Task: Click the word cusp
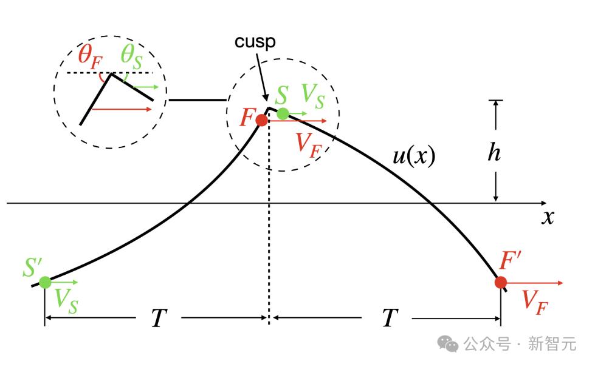tap(255, 42)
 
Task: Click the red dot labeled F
tap(261, 120)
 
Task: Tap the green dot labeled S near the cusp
tap(283, 113)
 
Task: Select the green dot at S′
tap(45, 282)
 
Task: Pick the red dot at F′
tap(501, 283)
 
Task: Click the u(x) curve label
tap(414, 155)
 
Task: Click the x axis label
tap(548, 217)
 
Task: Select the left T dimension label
tap(159, 317)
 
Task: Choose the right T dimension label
tap(390, 317)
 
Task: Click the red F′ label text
tap(510, 260)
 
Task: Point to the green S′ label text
tap(32, 267)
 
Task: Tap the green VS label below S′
tap(66, 301)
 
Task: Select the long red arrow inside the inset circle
tap(122, 109)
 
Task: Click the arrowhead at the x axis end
tap(544, 203)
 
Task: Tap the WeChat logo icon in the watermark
tap(448, 343)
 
